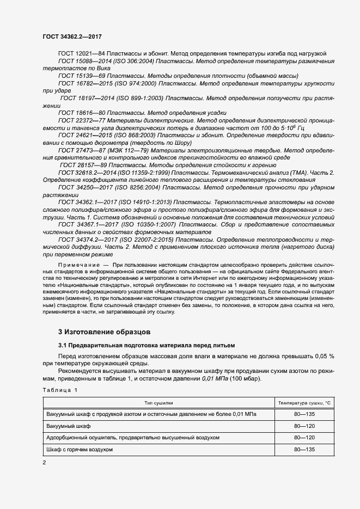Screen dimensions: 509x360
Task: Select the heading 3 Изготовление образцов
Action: click(x=103, y=332)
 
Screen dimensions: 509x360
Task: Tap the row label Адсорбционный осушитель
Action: click(x=133, y=438)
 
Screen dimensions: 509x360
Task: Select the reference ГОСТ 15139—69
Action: click(x=82, y=77)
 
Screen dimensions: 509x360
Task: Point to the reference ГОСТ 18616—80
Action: click(x=82, y=112)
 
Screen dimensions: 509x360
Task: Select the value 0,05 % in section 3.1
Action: click(x=324, y=355)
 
